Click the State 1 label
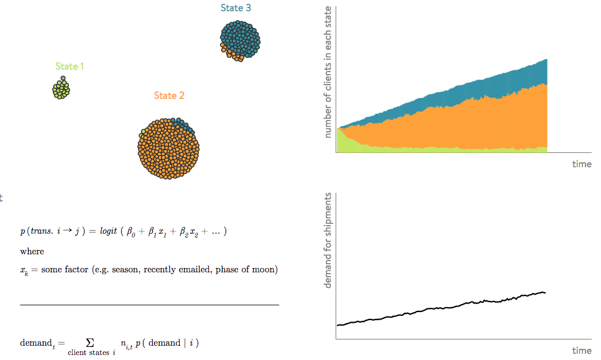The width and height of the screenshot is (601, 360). pyautogui.click(x=70, y=67)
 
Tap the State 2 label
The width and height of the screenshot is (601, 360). pyautogui.click(x=169, y=96)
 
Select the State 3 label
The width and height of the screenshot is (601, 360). pyautogui.click(x=236, y=8)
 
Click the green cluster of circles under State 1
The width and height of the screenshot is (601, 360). pyautogui.click(x=61, y=90)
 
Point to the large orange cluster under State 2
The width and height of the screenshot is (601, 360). pyautogui.click(x=168, y=149)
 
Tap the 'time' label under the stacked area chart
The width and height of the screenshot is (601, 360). pyautogui.click(x=581, y=164)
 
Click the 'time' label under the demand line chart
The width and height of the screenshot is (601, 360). pyautogui.click(x=581, y=351)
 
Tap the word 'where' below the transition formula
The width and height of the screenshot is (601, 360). pyautogui.click(x=32, y=251)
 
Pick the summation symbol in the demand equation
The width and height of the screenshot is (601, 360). pyautogui.click(x=89, y=343)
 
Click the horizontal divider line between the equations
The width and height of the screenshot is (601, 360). pyautogui.click(x=149, y=305)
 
